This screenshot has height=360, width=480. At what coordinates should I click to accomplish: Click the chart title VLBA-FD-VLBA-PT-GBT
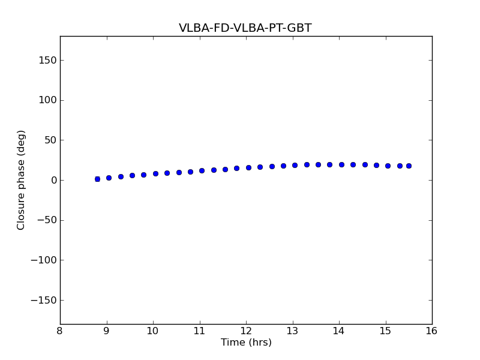point(245,28)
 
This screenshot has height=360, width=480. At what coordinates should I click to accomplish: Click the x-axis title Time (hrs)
point(246,343)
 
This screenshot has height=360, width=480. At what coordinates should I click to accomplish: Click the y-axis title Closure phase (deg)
point(22,180)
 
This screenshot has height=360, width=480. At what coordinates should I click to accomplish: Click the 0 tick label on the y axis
point(52,180)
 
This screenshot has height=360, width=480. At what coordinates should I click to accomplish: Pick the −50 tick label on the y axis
point(46,220)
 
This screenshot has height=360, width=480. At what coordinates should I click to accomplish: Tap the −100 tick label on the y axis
point(43,260)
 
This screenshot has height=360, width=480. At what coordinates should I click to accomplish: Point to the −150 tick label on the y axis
point(43,300)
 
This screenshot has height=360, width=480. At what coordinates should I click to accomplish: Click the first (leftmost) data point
point(97,179)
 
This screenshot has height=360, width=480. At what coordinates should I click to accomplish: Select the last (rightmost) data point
point(409,166)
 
